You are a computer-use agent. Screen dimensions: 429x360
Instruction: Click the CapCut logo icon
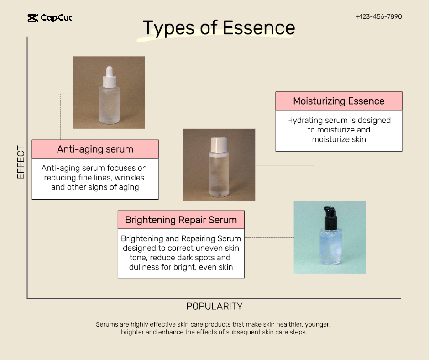coord(33,18)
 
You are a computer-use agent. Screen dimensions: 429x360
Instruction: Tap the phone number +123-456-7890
coord(379,17)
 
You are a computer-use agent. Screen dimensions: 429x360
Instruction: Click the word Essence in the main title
coord(259,28)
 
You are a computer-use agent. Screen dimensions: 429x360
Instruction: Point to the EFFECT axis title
coord(21,162)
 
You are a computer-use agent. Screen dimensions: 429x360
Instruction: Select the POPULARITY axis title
coord(214,306)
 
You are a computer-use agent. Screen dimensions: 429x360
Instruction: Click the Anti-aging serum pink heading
coord(95,149)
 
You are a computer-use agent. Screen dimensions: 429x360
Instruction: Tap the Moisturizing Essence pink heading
coord(339,101)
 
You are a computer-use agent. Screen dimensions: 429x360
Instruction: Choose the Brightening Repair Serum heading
coord(181,220)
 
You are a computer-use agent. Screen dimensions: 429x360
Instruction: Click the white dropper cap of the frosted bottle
coord(109,77)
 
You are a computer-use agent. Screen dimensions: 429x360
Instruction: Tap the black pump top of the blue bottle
coord(330,218)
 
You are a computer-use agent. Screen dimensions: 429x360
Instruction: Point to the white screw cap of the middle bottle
coord(219,144)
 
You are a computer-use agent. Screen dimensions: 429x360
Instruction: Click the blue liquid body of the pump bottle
coord(331,247)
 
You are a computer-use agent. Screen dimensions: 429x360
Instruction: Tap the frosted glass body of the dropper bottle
coord(109,105)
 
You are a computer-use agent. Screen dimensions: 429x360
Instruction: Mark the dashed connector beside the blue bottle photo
coord(269,237)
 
